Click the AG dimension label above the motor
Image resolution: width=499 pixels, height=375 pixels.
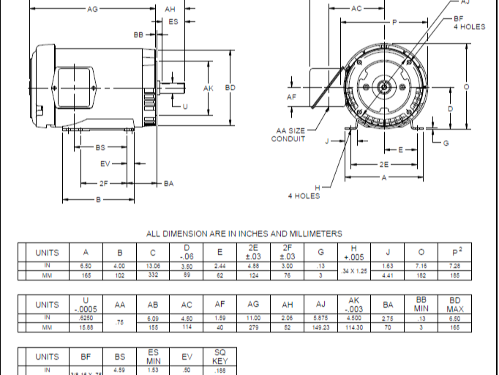pyautogui.click(x=92, y=10)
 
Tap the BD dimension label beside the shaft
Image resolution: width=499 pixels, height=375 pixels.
pyautogui.click(x=230, y=88)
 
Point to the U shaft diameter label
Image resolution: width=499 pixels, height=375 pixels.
pyautogui.click(x=184, y=106)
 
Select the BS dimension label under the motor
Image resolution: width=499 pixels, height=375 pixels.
pyautogui.click(x=101, y=147)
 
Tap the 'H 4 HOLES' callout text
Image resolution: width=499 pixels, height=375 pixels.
pyautogui.click(x=302, y=192)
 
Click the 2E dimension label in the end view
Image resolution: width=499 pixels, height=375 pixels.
pyautogui.click(x=385, y=165)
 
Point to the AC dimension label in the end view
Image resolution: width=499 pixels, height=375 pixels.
pyautogui.click(x=356, y=10)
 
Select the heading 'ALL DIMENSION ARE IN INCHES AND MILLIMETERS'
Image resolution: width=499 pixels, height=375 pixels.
pyautogui.click(x=244, y=234)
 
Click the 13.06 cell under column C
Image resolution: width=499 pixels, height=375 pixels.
pyautogui.click(x=153, y=266)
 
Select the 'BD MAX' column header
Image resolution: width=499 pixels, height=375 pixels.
pyautogui.click(x=455, y=305)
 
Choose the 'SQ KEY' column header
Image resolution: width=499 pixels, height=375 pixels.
pyautogui.click(x=220, y=357)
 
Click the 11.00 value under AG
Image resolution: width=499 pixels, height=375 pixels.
pyautogui.click(x=254, y=319)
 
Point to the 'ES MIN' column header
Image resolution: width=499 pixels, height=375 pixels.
pyautogui.click(x=153, y=357)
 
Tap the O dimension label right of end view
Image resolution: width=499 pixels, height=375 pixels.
pyautogui.click(x=467, y=86)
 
